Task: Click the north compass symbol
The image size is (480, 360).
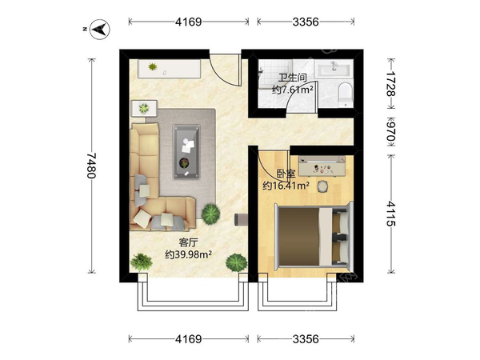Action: pos(99,29)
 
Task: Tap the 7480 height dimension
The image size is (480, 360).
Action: pos(91,165)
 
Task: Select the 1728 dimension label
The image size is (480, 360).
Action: pos(390,83)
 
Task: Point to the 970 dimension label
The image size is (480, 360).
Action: pos(391,132)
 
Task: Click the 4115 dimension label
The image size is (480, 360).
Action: pos(390,214)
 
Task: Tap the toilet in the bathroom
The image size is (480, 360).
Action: pos(346,94)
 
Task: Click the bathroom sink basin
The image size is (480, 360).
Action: pos(334,68)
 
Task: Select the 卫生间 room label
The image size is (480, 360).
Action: pos(292,78)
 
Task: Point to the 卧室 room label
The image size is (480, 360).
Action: pos(286,174)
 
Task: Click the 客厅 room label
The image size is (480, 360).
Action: pos(189,242)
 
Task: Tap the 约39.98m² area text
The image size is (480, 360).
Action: pos(189,254)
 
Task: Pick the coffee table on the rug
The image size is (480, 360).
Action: pos(186,151)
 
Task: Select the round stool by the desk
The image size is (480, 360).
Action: pos(322,186)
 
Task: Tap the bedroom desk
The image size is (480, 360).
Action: pos(322,166)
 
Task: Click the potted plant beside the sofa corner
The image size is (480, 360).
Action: pos(210,214)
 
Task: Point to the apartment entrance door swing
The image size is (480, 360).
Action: pos(225,70)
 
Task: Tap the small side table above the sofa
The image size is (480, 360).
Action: pos(144,108)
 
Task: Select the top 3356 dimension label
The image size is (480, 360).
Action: pos(306,22)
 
